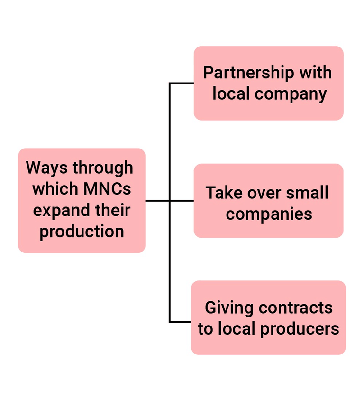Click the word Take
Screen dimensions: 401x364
click(x=223, y=193)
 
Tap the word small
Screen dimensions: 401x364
click(x=308, y=193)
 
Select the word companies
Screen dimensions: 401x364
click(x=269, y=214)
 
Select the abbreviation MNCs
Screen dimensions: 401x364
click(x=107, y=189)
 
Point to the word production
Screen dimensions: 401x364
click(x=82, y=232)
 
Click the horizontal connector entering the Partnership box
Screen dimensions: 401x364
click(x=182, y=83)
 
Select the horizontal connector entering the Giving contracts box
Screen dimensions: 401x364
click(x=180, y=322)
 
